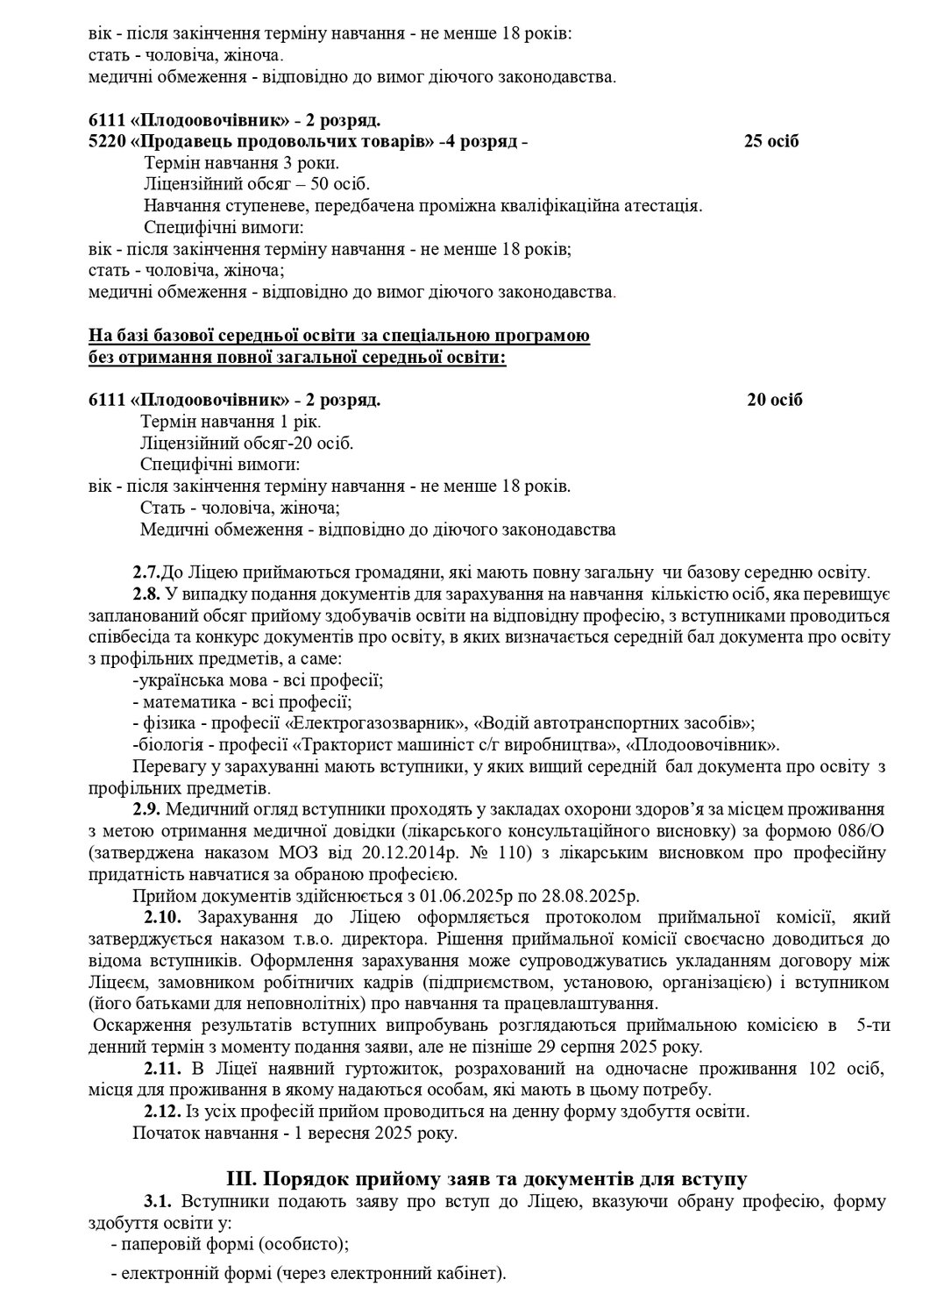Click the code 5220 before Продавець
(x=107, y=142)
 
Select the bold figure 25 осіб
(x=771, y=142)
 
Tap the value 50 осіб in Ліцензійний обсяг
(x=337, y=184)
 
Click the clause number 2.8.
(x=146, y=594)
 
